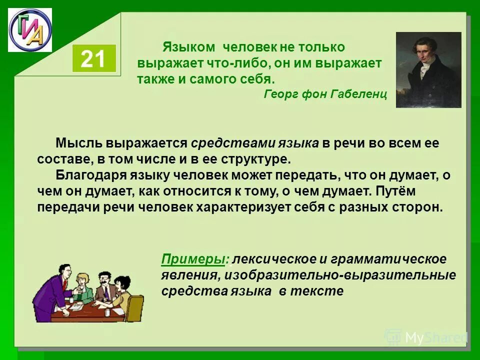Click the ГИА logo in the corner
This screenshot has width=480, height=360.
pos(30,29)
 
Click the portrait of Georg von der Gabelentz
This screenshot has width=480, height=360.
pos(428,69)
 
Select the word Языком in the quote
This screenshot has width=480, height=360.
pos(188,47)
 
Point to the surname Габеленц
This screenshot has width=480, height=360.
pos(359,94)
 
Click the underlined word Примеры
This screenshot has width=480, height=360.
pos(193,259)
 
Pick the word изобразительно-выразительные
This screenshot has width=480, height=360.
pos(340,275)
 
